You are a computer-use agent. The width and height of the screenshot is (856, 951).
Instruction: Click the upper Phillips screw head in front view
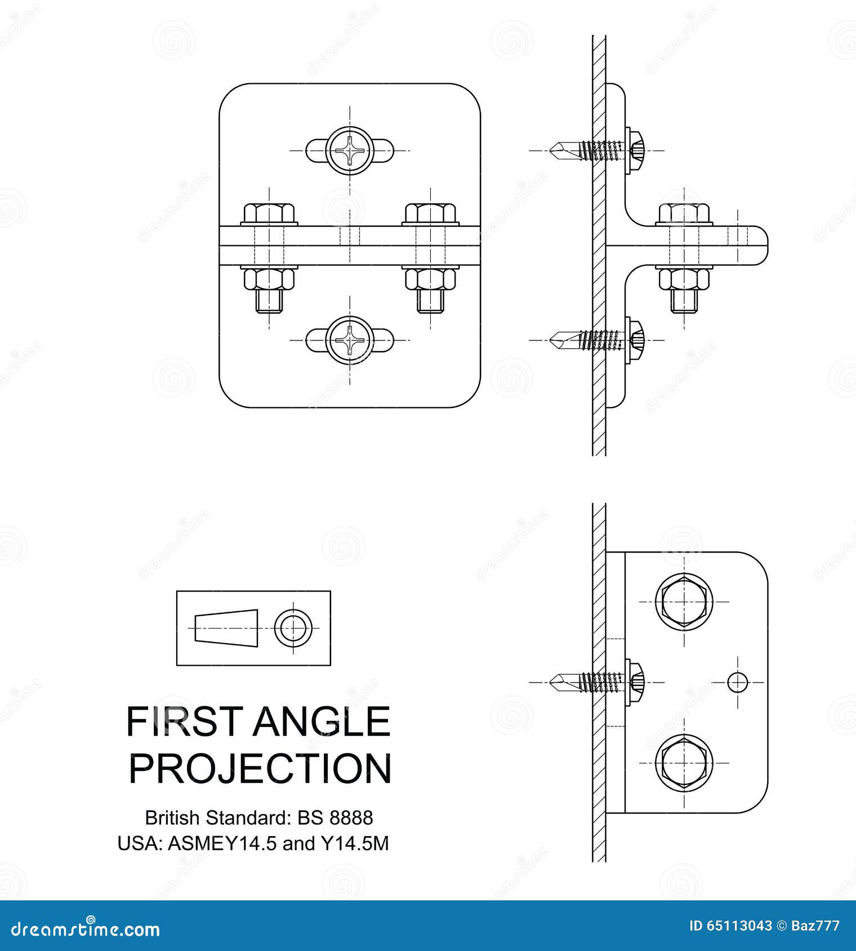350,151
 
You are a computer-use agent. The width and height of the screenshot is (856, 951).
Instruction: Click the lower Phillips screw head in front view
350,340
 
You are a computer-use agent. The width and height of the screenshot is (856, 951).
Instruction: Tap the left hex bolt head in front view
270,214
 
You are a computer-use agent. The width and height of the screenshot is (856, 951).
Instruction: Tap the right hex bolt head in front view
431,214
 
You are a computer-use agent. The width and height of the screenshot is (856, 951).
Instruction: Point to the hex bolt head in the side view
683,214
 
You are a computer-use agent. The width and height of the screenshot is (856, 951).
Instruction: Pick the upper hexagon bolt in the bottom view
684,601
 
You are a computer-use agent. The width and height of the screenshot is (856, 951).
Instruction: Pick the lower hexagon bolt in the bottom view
684,762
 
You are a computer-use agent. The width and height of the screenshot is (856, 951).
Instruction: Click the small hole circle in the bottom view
737,682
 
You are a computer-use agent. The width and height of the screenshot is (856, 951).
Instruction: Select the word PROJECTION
260,769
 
